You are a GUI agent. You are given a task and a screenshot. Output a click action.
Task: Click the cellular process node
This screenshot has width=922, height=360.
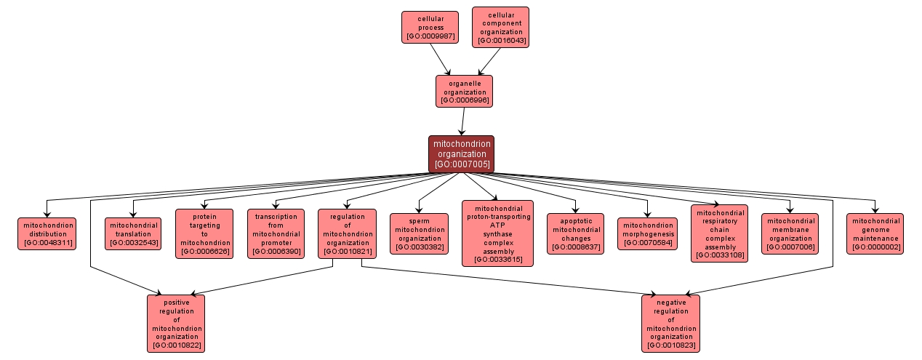tap(430, 27)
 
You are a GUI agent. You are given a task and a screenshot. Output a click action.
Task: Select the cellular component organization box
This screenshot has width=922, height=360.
tap(500, 27)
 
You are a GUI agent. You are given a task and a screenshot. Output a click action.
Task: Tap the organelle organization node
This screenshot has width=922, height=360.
tap(464, 92)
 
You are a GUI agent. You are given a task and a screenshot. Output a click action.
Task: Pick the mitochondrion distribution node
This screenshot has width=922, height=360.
tap(47, 233)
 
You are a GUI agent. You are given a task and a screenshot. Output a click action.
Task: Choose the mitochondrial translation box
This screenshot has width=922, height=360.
tap(132, 233)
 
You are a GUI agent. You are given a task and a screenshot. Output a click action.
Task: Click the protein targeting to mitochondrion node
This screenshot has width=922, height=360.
tap(204, 233)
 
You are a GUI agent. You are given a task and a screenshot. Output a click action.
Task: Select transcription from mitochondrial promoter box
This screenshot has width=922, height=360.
tap(276, 233)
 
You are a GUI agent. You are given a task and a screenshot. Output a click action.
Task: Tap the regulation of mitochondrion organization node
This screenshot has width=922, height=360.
tap(347, 233)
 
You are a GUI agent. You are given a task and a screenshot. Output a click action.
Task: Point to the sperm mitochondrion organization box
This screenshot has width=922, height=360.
tap(419, 233)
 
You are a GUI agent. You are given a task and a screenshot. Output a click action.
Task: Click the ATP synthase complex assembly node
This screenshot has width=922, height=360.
tap(497, 233)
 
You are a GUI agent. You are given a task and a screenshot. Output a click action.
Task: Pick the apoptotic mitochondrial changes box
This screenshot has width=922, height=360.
tap(576, 233)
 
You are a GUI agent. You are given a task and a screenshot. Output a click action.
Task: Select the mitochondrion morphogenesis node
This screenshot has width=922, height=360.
tap(647, 233)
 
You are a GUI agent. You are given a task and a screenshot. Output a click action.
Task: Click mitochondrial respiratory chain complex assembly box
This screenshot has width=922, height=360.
tap(719, 233)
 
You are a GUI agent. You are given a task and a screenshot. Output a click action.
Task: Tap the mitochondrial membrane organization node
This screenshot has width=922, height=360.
tap(790, 233)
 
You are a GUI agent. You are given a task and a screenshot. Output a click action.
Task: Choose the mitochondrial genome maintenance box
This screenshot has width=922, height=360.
tap(875, 233)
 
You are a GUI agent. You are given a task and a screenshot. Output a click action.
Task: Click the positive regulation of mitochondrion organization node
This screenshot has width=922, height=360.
tap(176, 323)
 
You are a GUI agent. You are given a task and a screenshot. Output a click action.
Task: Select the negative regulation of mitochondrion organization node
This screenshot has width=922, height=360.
tap(670, 323)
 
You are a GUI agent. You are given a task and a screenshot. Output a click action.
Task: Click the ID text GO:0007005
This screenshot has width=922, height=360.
tap(461, 164)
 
